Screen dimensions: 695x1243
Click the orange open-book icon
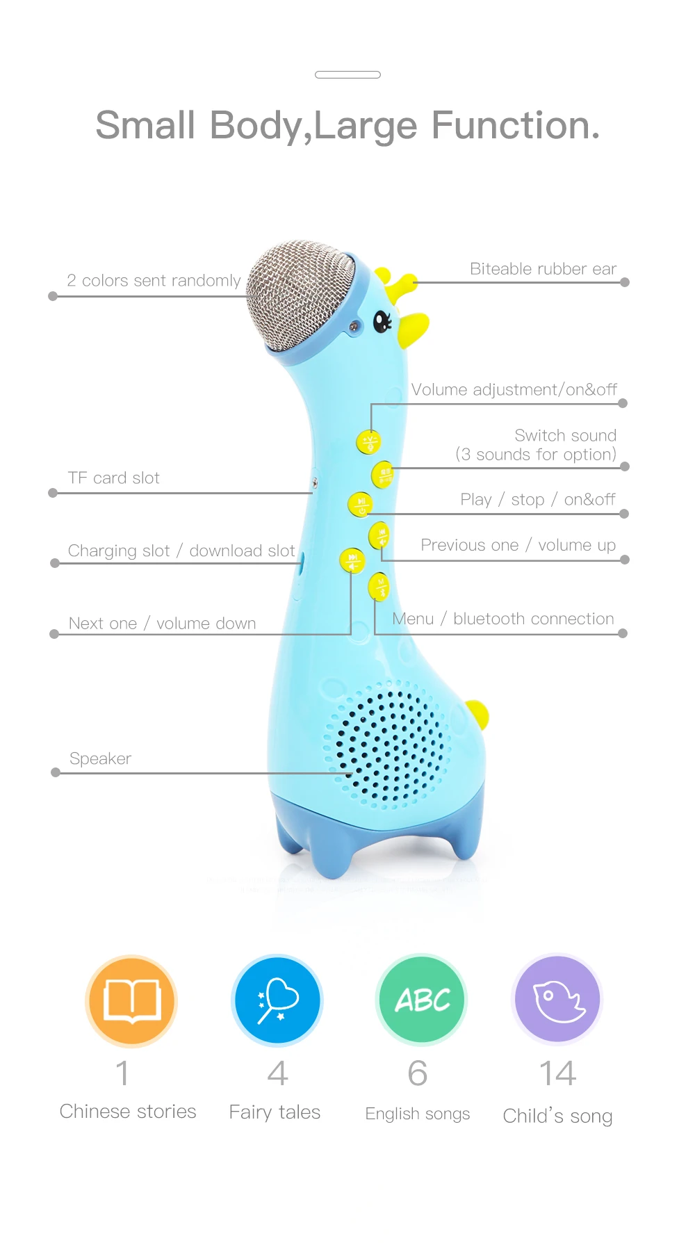[131, 1000]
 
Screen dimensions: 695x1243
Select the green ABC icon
[421, 1000]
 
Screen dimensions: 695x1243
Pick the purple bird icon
[557, 1000]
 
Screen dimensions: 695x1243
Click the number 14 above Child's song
[557, 1073]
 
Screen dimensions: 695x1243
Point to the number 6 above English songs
[418, 1073]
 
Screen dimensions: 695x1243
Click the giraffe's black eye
[382, 320]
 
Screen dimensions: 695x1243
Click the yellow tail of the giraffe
[477, 714]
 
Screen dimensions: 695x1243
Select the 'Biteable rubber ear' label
[543, 269]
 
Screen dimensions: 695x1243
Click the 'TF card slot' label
[114, 478]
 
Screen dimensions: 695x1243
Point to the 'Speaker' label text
[101, 758]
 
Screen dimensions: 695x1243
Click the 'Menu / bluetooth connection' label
[503, 619]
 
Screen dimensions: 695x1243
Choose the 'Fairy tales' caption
[275, 1112]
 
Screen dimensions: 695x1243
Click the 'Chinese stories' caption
[128, 1112]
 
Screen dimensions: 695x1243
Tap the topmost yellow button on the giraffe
[368, 441]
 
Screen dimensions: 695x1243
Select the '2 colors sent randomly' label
[154, 281]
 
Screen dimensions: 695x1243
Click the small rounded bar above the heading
[347, 74]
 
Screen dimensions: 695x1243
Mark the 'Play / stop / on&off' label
[537, 500]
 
